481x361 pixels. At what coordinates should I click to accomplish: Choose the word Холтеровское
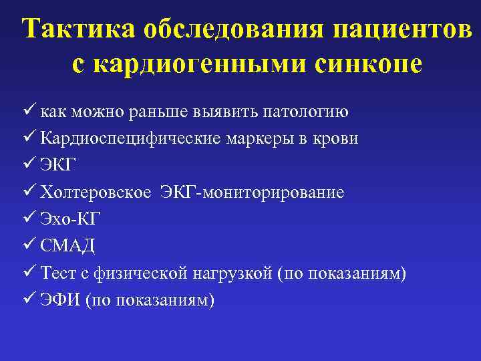(x=96, y=193)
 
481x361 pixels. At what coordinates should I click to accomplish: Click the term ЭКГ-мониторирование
(x=252, y=193)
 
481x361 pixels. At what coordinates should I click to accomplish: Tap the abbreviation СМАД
(x=67, y=247)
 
